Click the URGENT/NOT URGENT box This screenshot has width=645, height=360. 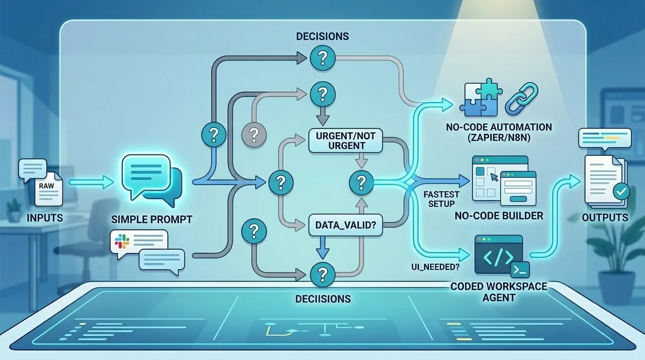[x=346, y=141]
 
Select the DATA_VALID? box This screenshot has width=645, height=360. [x=346, y=225]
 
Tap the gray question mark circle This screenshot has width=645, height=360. [x=253, y=135]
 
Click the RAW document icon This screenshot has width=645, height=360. [x=48, y=189]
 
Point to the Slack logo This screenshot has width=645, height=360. [x=122, y=242]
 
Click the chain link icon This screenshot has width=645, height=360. [x=522, y=99]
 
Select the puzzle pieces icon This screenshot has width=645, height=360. [x=481, y=97]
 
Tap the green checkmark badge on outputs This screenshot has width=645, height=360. [x=621, y=191]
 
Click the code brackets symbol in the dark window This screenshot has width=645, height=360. [x=498, y=258]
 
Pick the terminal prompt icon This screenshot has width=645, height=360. [x=520, y=270]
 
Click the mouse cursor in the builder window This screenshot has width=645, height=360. [x=494, y=177]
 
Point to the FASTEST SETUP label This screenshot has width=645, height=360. [x=441, y=199]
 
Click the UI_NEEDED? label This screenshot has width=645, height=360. [x=435, y=267]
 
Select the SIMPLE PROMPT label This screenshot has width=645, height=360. [x=152, y=219]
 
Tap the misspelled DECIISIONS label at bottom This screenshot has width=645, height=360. [x=323, y=299]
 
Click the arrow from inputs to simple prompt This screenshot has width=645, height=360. [x=91, y=182]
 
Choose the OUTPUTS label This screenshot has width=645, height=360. [x=605, y=217]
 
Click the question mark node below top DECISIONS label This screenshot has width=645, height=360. [x=322, y=58]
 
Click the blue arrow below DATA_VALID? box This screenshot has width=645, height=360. [x=322, y=248]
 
